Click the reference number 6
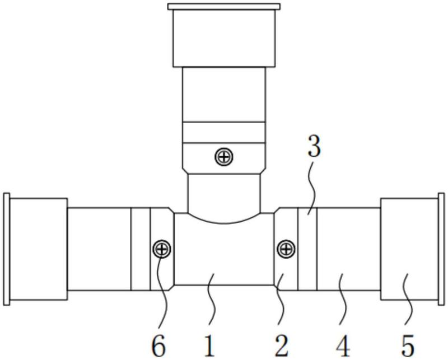(158, 345)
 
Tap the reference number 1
(209, 345)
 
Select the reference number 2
(281, 345)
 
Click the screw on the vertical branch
(224, 157)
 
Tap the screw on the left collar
(162, 249)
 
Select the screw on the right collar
(286, 248)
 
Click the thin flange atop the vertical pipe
(223, 7)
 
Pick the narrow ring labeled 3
(307, 249)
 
